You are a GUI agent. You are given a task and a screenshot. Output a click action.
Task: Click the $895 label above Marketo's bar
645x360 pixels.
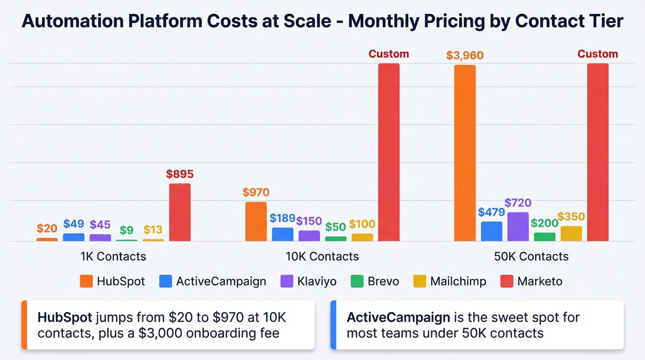tap(180, 174)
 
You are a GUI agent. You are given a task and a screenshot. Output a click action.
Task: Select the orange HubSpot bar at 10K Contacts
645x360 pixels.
tap(256, 221)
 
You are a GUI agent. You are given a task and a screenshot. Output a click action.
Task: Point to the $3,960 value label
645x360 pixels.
tap(464, 56)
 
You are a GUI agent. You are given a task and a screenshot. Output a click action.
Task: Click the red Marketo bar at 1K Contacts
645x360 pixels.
tap(180, 212)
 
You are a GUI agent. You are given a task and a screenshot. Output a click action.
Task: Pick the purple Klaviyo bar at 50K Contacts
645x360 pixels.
tap(518, 226)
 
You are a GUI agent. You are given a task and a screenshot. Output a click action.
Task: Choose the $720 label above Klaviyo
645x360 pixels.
tap(518, 203)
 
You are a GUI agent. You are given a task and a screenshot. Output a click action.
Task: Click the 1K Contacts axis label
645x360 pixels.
tap(113, 256)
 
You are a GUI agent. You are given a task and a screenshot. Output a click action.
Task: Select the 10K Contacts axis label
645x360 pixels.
tap(322, 256)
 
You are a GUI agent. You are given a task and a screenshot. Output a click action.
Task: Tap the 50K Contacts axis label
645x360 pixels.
tap(531, 256)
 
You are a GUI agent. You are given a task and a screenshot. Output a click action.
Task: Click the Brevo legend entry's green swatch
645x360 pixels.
tap(357, 281)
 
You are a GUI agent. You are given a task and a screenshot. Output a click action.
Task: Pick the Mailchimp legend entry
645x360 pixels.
tap(458, 281)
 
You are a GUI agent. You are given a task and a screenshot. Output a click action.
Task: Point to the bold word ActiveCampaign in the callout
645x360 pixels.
tap(398, 318)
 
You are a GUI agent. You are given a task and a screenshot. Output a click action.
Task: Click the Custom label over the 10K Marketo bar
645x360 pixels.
tap(388, 54)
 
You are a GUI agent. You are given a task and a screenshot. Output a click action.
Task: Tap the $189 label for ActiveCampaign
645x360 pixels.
tap(282, 218)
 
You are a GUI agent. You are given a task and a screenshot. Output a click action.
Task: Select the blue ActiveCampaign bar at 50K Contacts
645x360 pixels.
tap(491, 231)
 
